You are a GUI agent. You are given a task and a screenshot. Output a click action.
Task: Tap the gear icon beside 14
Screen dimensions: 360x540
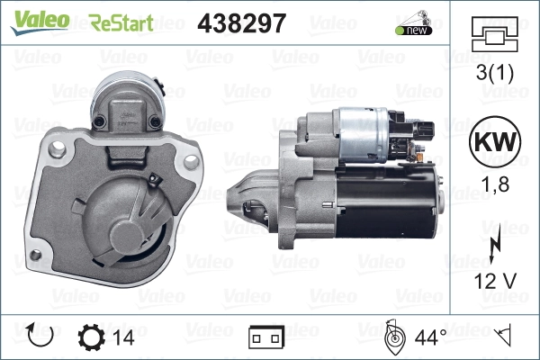[x=92, y=337]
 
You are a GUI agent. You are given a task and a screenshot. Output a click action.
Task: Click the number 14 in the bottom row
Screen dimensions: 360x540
[x=123, y=337]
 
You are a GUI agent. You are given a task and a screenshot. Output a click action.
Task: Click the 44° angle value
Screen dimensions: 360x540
[x=430, y=337]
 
